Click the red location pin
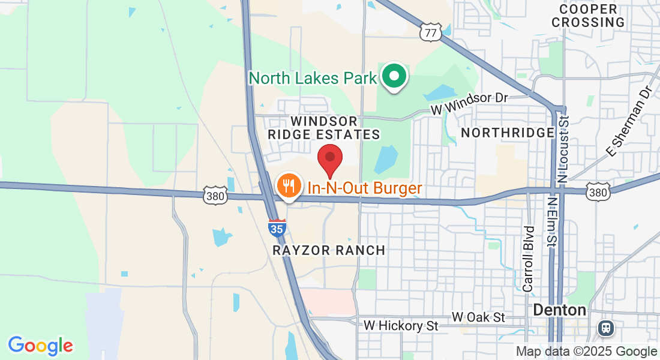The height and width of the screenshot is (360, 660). [329, 159]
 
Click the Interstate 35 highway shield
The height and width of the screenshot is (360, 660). [277, 227]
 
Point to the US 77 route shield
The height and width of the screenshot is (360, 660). [431, 32]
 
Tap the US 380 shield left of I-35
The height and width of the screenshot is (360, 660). [214, 195]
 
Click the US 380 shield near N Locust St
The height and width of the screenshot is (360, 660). [598, 191]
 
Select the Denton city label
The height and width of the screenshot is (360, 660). [559, 310]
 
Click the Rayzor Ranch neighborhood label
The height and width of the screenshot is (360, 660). [329, 250]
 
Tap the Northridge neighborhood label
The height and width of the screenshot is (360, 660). [507, 132]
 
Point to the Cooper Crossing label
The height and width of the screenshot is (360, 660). [588, 16]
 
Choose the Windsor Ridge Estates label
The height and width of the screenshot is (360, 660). [324, 128]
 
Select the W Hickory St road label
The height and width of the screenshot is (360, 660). [401, 326]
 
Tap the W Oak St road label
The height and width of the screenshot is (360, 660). [479, 316]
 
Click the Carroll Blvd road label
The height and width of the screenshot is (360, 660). [528, 259]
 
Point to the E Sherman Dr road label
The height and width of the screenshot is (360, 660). [628, 121]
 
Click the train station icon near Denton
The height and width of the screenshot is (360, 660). [605, 328]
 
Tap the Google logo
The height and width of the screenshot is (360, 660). [40, 346]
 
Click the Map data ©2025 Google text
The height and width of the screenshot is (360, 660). [587, 352]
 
